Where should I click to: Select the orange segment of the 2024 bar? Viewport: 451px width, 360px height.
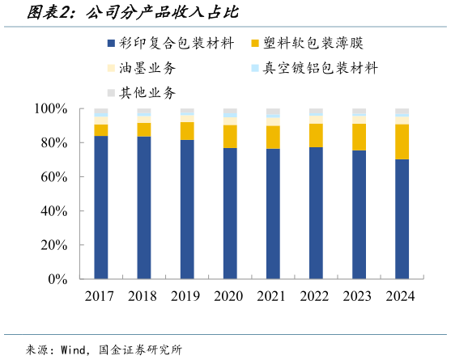click(402, 142)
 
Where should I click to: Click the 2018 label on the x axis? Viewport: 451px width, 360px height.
click(143, 297)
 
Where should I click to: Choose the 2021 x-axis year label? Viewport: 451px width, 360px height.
click(272, 297)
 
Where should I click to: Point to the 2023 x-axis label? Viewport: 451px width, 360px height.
click(358, 297)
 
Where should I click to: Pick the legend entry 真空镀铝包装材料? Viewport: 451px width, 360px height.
click(321, 68)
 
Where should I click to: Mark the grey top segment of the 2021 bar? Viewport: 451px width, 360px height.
click(273, 112)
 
